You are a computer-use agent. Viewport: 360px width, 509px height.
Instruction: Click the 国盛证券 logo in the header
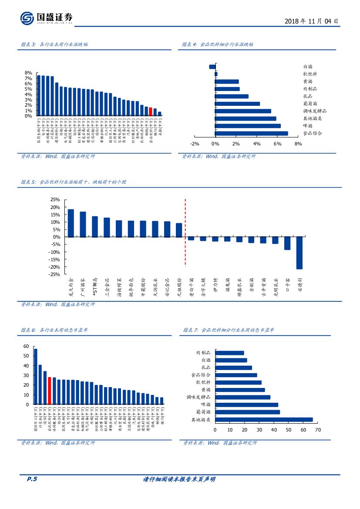click(46, 18)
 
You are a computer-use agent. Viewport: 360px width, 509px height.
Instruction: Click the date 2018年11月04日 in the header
click(311, 21)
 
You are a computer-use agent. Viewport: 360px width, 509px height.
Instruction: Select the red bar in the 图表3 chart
click(151, 111)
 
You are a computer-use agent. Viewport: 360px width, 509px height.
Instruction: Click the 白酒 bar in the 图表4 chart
click(212, 67)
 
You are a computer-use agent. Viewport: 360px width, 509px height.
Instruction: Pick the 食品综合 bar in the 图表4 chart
click(251, 133)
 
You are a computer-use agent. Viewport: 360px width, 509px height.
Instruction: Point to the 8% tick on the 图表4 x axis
click(298, 144)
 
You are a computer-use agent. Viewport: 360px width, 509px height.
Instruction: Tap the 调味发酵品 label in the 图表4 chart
click(315, 111)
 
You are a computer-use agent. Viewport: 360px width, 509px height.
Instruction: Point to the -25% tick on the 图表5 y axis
click(55, 274)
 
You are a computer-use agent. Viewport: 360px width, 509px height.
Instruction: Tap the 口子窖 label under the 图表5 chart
click(287, 285)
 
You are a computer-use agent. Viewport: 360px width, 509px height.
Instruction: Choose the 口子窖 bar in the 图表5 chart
click(287, 243)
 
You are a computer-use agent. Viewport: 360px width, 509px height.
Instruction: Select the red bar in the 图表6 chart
click(50, 391)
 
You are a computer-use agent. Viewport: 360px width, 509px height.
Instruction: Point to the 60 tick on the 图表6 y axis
click(26, 347)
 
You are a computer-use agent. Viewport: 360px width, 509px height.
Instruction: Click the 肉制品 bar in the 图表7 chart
click(229, 353)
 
